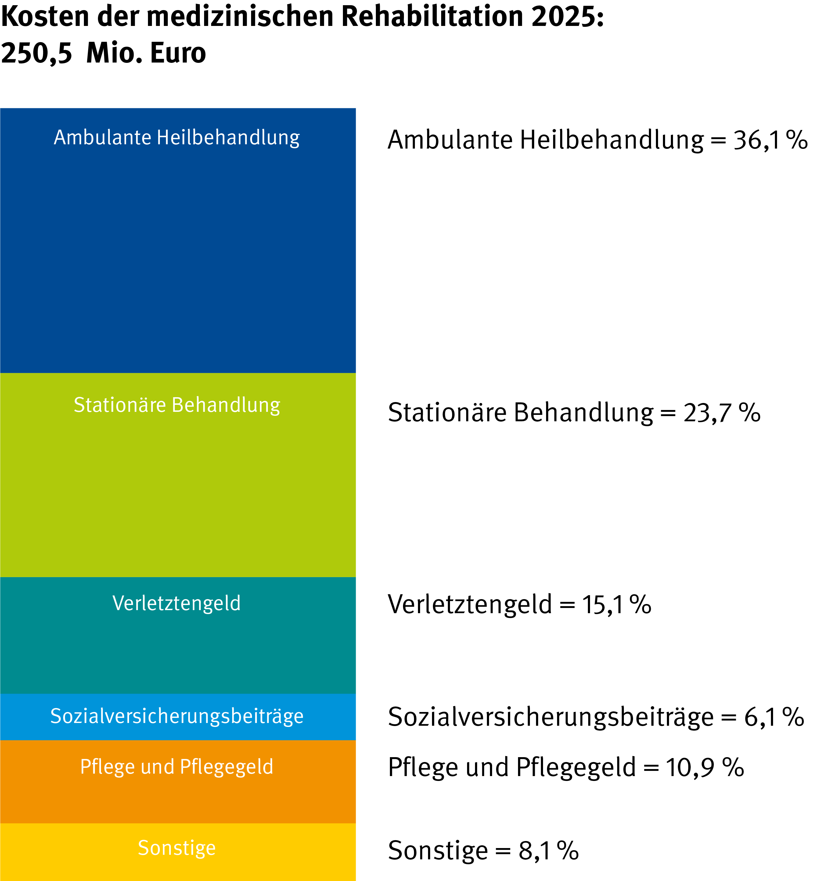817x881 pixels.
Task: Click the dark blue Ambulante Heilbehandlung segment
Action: (x=178, y=240)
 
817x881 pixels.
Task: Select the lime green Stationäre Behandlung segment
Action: (x=178, y=475)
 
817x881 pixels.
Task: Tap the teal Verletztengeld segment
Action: (x=178, y=636)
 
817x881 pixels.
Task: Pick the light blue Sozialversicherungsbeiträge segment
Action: (x=178, y=717)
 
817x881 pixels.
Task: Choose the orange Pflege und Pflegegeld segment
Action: (x=178, y=782)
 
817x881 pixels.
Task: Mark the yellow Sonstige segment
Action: (x=178, y=852)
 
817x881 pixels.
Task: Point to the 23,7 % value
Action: (x=722, y=413)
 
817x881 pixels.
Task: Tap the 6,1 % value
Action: (x=774, y=717)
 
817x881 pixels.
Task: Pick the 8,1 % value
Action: (x=549, y=850)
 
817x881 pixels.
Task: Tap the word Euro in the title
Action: (x=178, y=53)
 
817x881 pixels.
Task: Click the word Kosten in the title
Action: (x=45, y=17)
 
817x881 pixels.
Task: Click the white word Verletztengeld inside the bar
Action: (x=177, y=603)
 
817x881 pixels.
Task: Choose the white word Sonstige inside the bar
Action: (x=177, y=848)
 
